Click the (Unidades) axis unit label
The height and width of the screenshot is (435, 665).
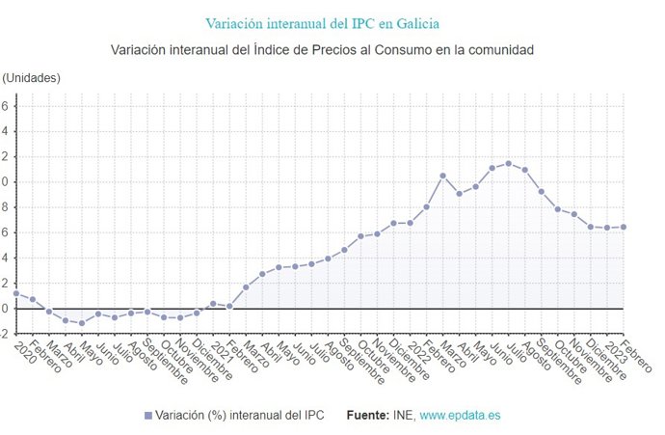[33, 77]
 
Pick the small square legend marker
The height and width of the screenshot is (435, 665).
[147, 415]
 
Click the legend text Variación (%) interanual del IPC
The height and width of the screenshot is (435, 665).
[240, 415]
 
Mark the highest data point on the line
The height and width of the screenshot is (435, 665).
[509, 163]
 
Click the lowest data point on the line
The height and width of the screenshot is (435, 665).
[82, 323]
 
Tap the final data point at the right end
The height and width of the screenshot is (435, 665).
[624, 227]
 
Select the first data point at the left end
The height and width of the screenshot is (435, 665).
[16, 293]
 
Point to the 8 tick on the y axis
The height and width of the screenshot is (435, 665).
[5, 206]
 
